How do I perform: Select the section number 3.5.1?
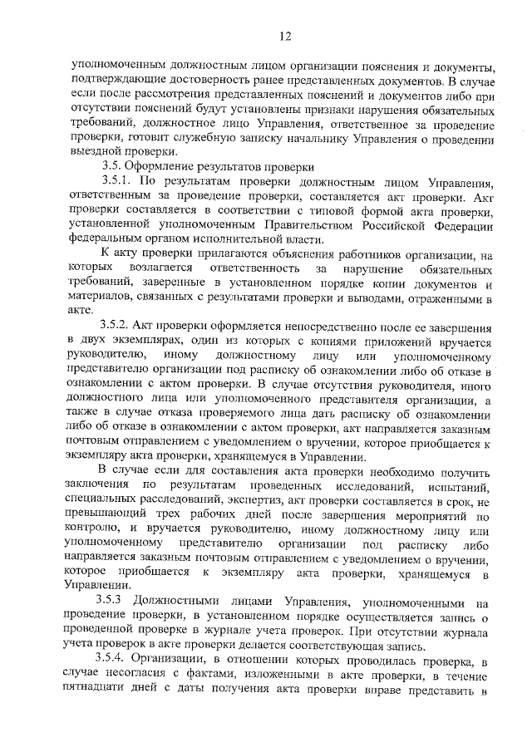[116, 180]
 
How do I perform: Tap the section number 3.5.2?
[116, 328]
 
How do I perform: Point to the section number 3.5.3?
[114, 600]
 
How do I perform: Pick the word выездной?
[96, 152]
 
